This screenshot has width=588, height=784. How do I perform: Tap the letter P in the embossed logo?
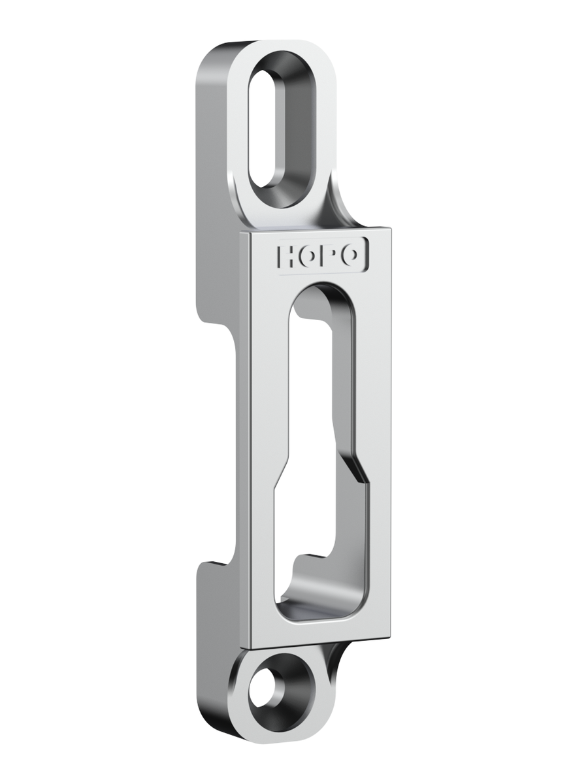click(x=326, y=255)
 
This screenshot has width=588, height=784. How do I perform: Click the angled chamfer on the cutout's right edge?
click(x=355, y=468)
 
